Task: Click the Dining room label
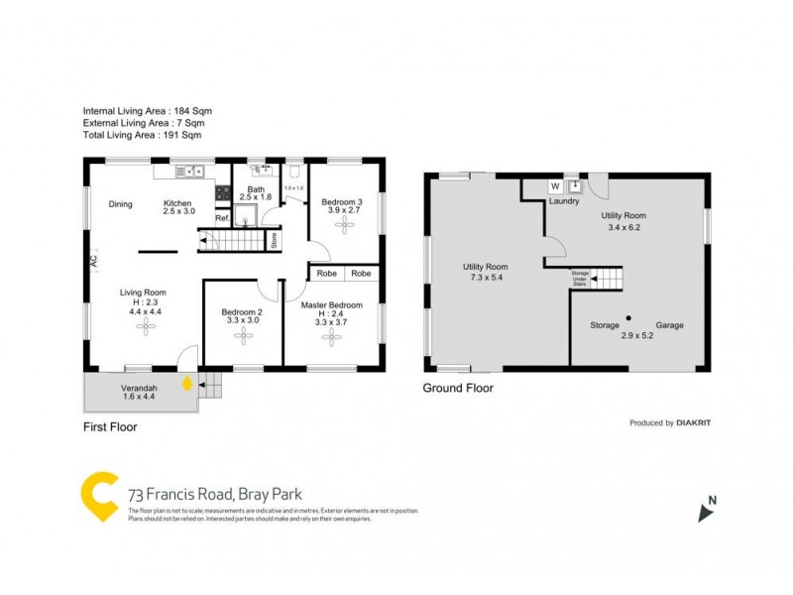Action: tap(121, 204)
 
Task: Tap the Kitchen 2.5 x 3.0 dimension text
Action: tap(178, 212)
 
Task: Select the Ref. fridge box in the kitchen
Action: tap(222, 218)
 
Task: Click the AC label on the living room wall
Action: tap(93, 262)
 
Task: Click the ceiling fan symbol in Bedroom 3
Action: tap(346, 225)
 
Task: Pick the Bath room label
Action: tap(256, 189)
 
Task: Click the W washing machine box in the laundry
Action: tap(554, 185)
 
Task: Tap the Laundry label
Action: tap(564, 201)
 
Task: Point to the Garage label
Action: tap(668, 325)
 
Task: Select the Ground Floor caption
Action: tap(458, 389)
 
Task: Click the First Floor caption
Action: tap(110, 427)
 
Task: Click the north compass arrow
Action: tap(706, 512)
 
